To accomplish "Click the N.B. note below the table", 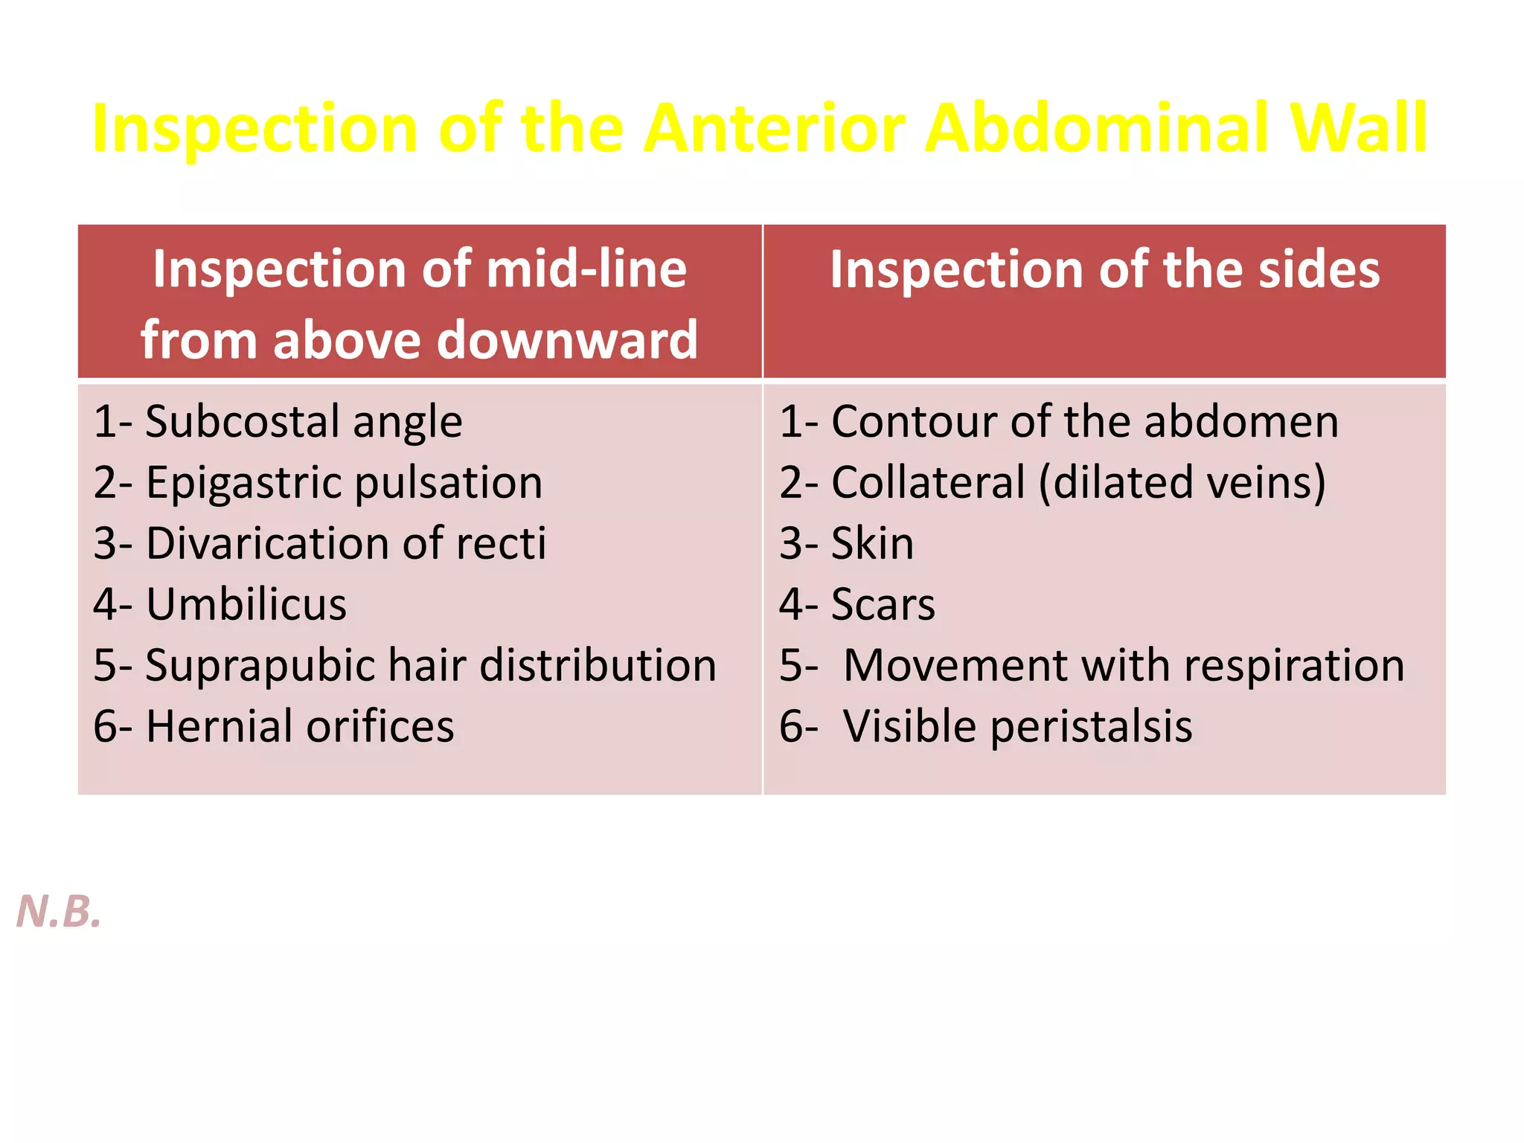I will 59,911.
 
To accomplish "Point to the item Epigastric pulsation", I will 318,483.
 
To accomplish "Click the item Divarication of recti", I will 320,543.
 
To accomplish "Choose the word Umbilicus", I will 246,604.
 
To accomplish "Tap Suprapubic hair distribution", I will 405,665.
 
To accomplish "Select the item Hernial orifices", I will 274,726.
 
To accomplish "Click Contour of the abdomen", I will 1059,422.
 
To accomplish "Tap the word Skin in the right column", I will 872,543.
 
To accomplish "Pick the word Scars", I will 883,604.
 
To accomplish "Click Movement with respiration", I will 1124,665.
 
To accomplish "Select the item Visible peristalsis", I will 1017,726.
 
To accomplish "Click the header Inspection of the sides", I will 1104,269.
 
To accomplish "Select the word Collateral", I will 928,483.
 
